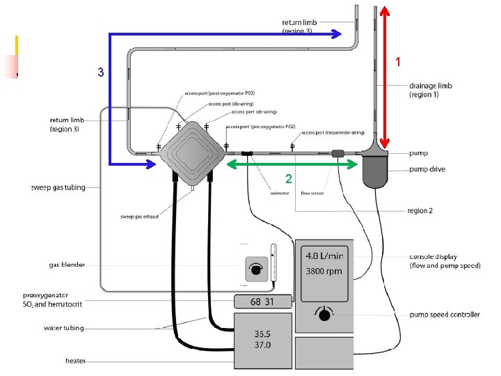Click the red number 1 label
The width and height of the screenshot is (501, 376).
pos(398,62)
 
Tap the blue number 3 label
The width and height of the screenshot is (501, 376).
pos(101,72)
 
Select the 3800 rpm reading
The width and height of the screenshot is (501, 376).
pos(323,271)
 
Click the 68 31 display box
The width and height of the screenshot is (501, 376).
pos(261,301)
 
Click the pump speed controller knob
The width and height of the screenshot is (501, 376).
pos(324,315)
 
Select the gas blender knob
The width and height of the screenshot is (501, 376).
pos(256,269)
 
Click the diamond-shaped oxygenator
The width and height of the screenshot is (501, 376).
pos(189,148)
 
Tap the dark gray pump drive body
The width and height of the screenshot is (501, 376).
pos(379,171)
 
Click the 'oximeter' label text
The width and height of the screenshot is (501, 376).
pos(279,194)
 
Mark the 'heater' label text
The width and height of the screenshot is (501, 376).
pos(75,361)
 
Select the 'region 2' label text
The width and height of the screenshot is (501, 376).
pos(420,210)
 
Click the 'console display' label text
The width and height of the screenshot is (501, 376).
pos(434,258)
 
